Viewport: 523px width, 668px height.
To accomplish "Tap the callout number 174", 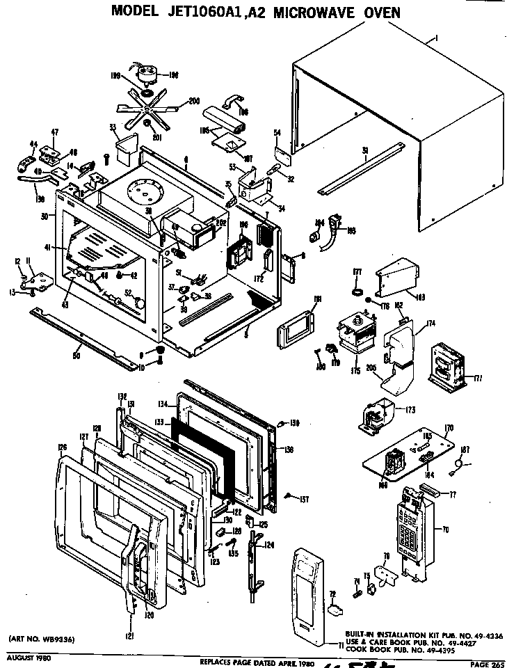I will coord(431,324).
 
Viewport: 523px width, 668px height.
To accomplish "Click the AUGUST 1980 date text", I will coord(28,658).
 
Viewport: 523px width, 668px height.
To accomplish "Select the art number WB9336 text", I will coord(42,639).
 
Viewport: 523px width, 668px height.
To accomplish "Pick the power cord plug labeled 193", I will coord(338,227).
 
